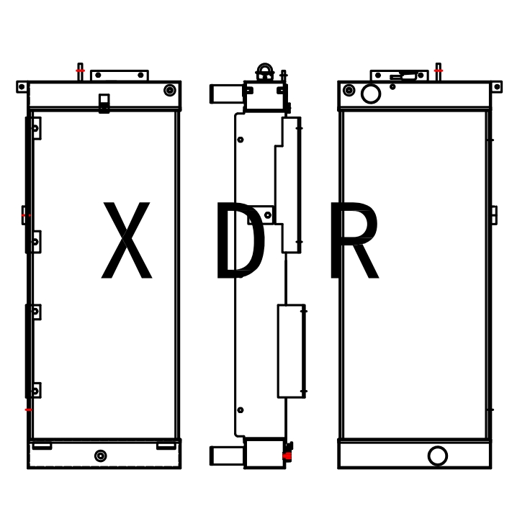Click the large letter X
[x=127, y=240]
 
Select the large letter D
[x=241, y=240]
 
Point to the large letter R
[x=354, y=240]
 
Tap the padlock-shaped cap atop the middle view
[x=265, y=72]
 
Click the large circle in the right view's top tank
[x=371, y=94]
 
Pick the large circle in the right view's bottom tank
[x=438, y=456]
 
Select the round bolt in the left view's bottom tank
[x=100, y=456]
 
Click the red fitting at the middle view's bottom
[x=287, y=456]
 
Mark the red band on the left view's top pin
[x=81, y=71]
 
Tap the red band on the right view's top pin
[x=439, y=71]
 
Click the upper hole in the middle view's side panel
[x=241, y=140]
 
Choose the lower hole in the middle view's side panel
[x=241, y=410]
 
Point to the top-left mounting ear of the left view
[x=22, y=87]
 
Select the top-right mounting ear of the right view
[x=497, y=87]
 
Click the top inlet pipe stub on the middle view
[x=227, y=94]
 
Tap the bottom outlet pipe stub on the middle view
[x=227, y=456]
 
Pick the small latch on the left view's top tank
[x=104, y=104]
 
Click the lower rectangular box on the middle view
[x=291, y=351]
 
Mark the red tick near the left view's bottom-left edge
[x=29, y=409]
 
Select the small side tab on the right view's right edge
[x=494, y=215]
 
